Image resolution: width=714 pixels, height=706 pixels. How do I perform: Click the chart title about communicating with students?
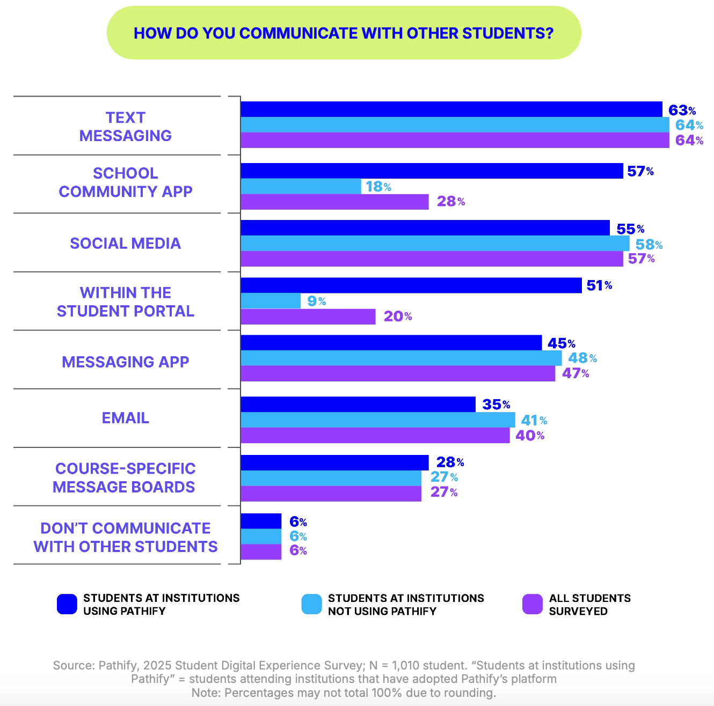click(x=344, y=33)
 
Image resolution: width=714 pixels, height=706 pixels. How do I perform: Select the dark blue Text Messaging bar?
click(x=451, y=109)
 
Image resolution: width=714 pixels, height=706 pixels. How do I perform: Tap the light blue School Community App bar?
click(x=301, y=186)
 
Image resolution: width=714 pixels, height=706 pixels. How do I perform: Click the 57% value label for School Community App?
click(x=640, y=171)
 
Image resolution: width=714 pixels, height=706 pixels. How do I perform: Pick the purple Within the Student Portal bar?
click(x=308, y=317)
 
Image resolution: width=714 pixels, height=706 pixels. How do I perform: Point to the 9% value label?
click(x=316, y=301)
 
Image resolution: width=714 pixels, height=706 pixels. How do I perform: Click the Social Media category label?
click(x=125, y=243)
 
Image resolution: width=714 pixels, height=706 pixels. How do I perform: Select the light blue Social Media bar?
click(x=435, y=244)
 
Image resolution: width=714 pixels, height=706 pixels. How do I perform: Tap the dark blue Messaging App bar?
click(x=391, y=343)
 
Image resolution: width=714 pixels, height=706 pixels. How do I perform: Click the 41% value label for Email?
click(x=534, y=420)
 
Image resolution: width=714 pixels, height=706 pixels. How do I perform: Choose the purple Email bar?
click(x=375, y=436)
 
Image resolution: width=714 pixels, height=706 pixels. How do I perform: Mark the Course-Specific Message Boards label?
click(x=125, y=477)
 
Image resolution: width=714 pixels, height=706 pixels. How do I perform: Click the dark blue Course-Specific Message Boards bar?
click(x=334, y=462)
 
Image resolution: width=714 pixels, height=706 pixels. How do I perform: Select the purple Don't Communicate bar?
click(x=261, y=552)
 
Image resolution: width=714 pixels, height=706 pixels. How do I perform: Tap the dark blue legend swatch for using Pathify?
click(x=67, y=604)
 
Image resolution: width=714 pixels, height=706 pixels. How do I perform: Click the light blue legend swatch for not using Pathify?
click(x=312, y=604)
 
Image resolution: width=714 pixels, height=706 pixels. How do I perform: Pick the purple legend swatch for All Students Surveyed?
click(x=532, y=604)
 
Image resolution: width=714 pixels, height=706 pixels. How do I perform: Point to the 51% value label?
click(x=599, y=285)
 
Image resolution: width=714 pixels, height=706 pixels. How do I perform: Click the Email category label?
click(x=125, y=418)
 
